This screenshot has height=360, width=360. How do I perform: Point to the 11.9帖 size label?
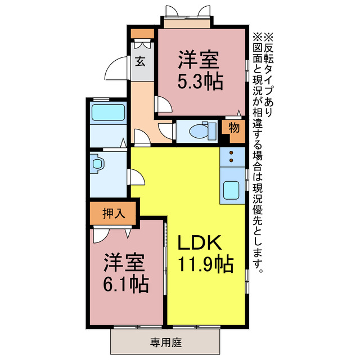click(205, 263)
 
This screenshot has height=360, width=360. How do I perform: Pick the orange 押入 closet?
click(112, 213)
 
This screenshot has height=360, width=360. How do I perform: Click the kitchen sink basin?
click(232, 190)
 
